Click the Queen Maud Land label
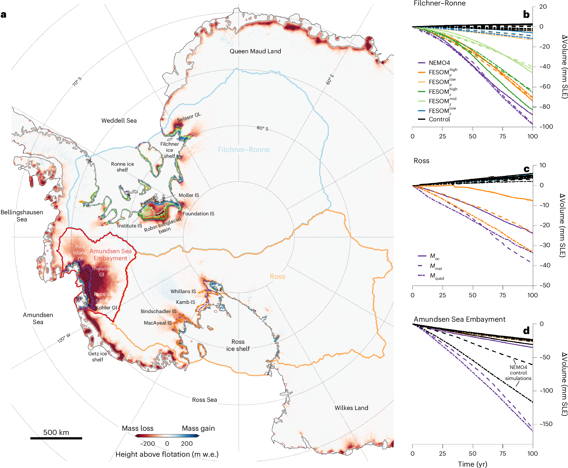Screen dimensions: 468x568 click(x=255, y=51)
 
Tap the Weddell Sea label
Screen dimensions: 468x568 click(x=119, y=121)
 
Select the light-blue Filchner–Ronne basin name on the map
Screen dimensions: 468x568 click(x=244, y=150)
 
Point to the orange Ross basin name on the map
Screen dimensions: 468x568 click(x=277, y=277)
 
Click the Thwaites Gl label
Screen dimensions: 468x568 click(x=101, y=272)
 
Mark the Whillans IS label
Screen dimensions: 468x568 click(x=183, y=292)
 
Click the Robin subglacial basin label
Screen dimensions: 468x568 click(x=163, y=226)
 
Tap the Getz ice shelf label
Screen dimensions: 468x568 click(x=98, y=356)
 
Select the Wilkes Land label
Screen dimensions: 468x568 click(x=351, y=408)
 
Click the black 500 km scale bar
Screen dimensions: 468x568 click(x=56, y=438)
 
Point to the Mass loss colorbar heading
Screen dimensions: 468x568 click(x=138, y=428)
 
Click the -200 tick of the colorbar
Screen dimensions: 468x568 click(x=148, y=444)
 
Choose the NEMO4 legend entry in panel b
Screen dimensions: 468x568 click(x=439, y=63)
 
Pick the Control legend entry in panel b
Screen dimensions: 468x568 click(x=439, y=119)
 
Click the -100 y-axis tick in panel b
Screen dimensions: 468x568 click(x=546, y=127)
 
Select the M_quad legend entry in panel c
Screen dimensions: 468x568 click(x=436, y=276)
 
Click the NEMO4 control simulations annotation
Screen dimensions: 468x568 click(x=518, y=373)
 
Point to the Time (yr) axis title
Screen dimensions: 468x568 click(x=472, y=464)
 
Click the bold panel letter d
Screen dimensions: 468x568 click(x=526, y=330)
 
